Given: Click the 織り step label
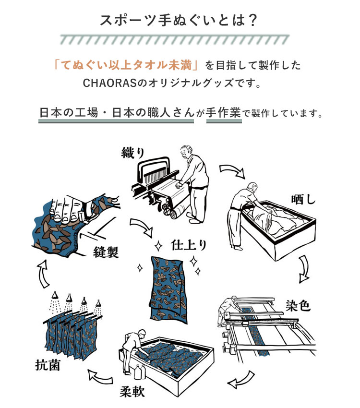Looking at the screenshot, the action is [x=133, y=153].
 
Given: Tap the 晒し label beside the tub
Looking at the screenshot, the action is [x=303, y=200].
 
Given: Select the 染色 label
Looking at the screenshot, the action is [x=298, y=305].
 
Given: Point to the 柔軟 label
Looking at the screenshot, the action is [x=132, y=391].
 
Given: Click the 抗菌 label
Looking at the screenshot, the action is [x=48, y=365].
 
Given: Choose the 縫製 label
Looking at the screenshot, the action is [x=106, y=252].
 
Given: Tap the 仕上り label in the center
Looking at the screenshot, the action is [x=189, y=245].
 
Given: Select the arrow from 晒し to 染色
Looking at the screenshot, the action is [x=304, y=269].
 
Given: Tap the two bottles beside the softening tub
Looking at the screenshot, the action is [x=140, y=372].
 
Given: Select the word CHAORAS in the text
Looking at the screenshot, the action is [x=109, y=83].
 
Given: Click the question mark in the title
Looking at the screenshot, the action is [x=252, y=20].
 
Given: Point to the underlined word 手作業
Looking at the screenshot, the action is [x=224, y=113].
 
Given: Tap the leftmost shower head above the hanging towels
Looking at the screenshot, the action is [x=55, y=295].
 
